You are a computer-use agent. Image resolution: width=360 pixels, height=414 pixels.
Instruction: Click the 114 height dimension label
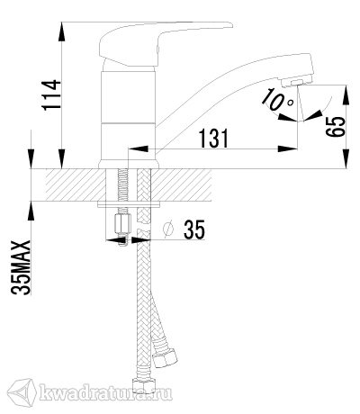point(50,95)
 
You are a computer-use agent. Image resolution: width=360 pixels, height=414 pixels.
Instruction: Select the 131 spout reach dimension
point(214,139)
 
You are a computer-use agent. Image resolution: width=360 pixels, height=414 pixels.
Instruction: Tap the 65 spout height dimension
point(336,126)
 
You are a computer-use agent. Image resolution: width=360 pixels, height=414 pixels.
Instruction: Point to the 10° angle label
point(278,100)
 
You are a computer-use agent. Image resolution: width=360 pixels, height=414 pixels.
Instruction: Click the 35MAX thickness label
point(21,267)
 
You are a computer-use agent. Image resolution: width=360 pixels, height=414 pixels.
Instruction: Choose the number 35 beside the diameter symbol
point(194,229)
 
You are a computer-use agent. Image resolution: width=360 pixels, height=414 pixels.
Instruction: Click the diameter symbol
point(168,229)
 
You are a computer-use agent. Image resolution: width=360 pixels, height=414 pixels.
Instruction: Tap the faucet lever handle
point(166,42)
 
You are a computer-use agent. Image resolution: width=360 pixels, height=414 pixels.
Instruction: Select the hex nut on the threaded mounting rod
point(123,224)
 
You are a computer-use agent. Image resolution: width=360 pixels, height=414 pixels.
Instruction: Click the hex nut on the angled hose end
point(165,358)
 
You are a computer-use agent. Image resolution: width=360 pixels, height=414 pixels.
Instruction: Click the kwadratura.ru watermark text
point(106,392)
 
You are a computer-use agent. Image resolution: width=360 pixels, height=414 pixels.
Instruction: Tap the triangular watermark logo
point(22,392)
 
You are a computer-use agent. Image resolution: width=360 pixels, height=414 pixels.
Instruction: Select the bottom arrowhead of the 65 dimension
point(346,158)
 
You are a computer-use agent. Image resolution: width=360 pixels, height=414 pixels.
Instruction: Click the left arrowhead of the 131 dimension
point(139,148)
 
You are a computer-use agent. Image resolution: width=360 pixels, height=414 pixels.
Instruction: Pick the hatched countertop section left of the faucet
point(76,184)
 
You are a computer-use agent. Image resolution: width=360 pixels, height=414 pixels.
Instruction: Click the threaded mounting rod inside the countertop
point(123,185)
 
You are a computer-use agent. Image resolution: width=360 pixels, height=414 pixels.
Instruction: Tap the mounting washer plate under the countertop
point(129,204)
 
